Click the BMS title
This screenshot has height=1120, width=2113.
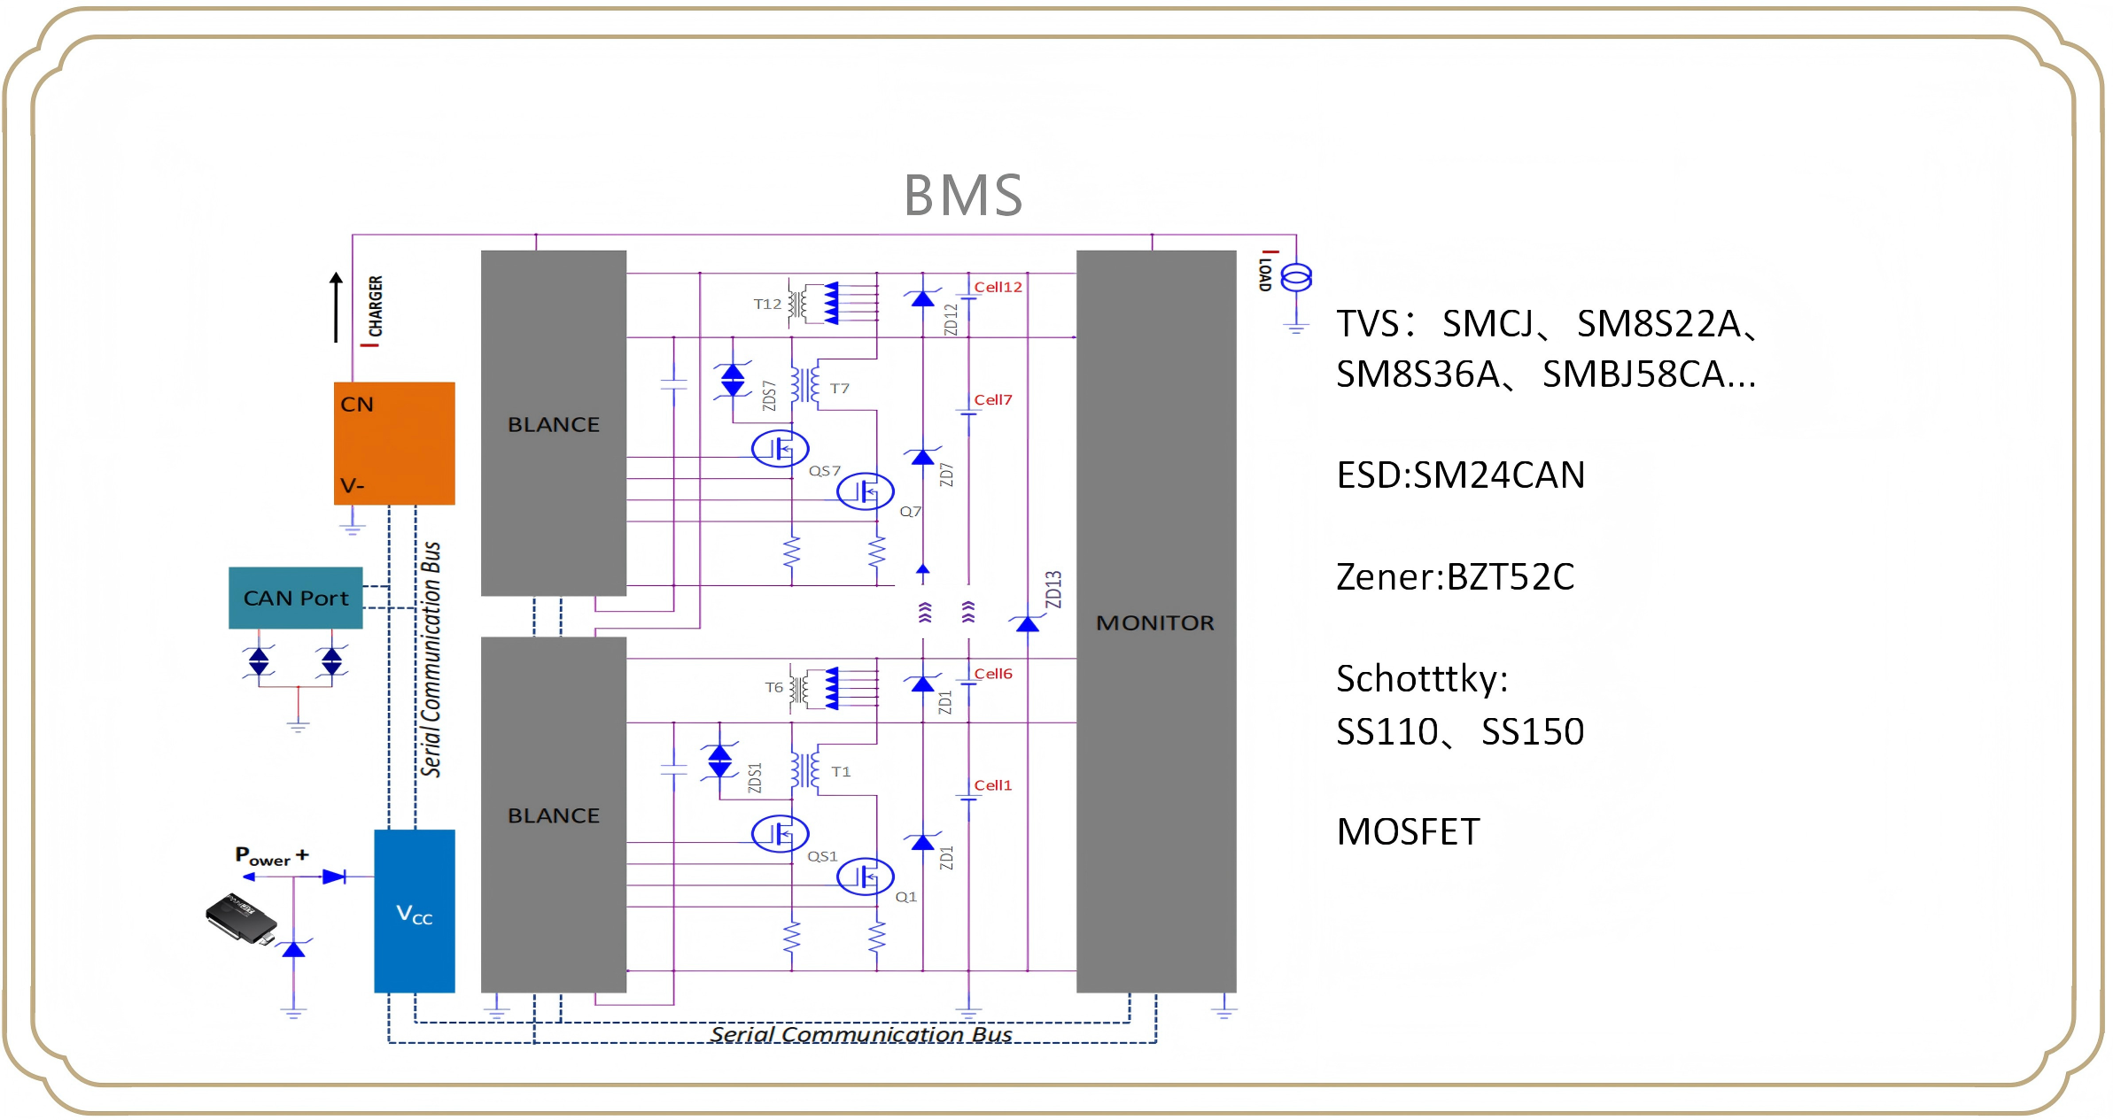click(963, 195)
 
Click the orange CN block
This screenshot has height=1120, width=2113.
click(394, 443)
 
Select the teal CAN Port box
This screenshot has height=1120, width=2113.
click(295, 598)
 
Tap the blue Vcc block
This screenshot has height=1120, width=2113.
click(414, 911)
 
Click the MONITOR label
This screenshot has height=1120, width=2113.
click(1154, 622)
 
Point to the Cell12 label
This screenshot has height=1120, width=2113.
click(998, 287)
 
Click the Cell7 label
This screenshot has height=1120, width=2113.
click(992, 400)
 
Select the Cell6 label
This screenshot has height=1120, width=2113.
click(992, 674)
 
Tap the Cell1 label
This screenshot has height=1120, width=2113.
click(992, 785)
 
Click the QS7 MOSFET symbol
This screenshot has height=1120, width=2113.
click(780, 449)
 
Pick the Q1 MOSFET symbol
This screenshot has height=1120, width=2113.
click(865, 877)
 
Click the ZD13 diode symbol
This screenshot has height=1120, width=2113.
click(1028, 624)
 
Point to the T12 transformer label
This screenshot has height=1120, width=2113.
click(767, 304)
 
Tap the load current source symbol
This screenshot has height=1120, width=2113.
click(1296, 278)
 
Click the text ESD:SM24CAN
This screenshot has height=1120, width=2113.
click(1460, 475)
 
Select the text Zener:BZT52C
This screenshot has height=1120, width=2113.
click(1455, 577)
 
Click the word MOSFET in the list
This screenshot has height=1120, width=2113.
click(1408, 832)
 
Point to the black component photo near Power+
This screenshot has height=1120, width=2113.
click(241, 919)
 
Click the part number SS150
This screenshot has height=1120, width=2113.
click(1533, 732)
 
